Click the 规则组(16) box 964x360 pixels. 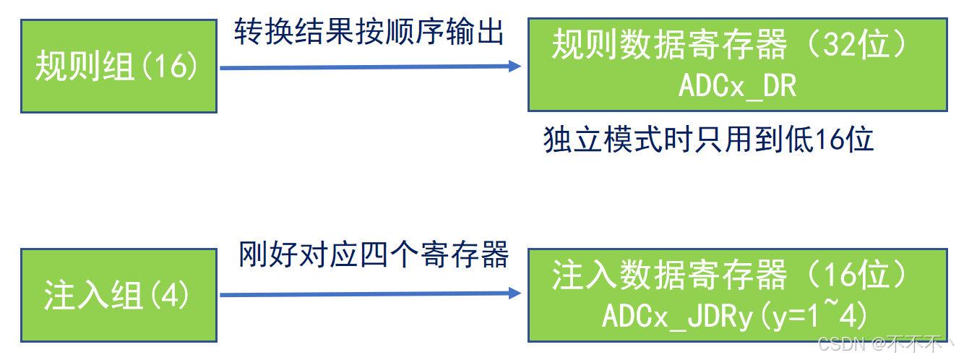pos(119,67)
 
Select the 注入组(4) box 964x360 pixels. pos(119,295)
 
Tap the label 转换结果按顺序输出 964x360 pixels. pos(369,33)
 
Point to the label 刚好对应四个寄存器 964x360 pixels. pos(374,255)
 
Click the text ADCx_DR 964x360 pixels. pos(736,86)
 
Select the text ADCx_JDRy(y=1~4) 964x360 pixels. pos(735,316)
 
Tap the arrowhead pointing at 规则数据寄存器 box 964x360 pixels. pos(515,67)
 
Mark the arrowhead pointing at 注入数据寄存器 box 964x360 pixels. pos(515,293)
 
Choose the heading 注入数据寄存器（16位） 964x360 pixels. pos(730,276)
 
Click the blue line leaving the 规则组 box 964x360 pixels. pos(361,67)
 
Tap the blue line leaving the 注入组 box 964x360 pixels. pos(361,294)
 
